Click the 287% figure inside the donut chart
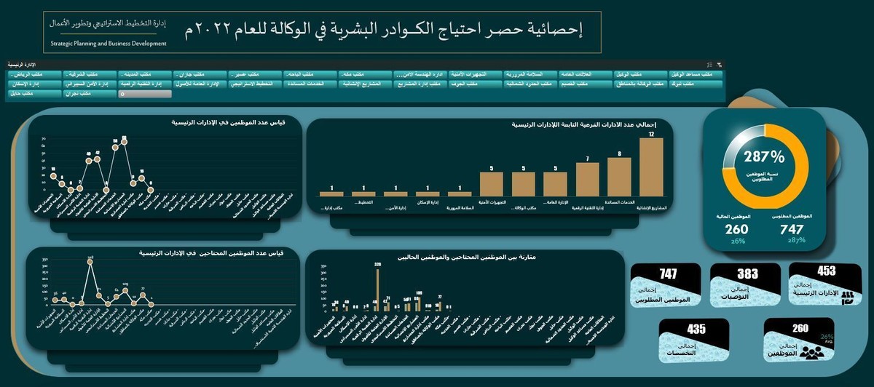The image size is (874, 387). coord(764,156)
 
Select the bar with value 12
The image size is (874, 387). coord(651,167)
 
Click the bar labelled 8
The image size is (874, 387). coord(619,177)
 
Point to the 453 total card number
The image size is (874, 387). coord(827,271)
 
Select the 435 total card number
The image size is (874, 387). coord(696,329)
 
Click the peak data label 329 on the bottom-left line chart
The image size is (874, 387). coord(90,258)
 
